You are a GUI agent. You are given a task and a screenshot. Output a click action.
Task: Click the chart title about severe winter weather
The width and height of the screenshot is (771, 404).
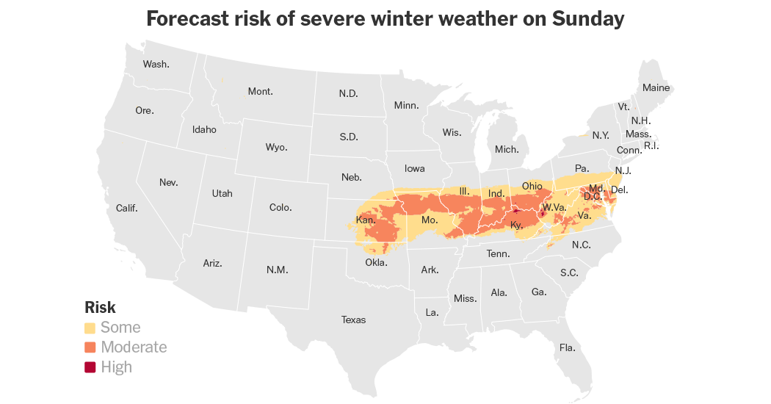(x=385, y=19)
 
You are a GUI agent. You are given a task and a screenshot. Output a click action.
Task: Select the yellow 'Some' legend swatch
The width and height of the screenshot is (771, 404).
(x=90, y=328)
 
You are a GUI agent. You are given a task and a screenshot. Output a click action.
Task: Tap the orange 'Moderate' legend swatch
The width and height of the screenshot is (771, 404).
(x=90, y=347)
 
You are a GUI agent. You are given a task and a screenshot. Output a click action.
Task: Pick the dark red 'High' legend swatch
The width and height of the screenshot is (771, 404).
(x=90, y=367)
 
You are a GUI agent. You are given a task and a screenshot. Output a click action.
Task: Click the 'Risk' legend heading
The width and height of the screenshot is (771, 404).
(x=100, y=308)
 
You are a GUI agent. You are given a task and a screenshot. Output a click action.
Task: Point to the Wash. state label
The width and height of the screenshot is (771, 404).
(x=156, y=64)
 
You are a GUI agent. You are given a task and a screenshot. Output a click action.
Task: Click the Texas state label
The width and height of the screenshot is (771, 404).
(x=353, y=320)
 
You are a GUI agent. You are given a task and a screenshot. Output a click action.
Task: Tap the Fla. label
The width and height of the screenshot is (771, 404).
(x=567, y=347)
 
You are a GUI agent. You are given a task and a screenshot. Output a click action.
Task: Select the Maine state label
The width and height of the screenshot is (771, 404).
(x=656, y=87)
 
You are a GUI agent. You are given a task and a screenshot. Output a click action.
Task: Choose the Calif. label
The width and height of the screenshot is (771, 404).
(x=127, y=208)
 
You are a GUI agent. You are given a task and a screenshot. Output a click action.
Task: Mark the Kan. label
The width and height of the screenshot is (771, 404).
(x=366, y=220)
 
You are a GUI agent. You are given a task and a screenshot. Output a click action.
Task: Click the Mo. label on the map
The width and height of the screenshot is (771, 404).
(x=430, y=220)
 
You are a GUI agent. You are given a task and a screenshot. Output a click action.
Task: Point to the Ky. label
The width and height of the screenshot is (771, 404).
(x=516, y=225)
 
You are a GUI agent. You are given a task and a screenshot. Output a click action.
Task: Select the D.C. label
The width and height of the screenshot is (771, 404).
(x=593, y=196)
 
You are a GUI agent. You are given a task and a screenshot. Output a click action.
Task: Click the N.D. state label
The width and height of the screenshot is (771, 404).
(x=348, y=93)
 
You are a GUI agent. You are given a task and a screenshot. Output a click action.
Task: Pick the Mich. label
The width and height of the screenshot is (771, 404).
(x=507, y=149)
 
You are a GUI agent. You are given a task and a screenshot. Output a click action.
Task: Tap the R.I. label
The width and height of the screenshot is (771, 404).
(x=651, y=145)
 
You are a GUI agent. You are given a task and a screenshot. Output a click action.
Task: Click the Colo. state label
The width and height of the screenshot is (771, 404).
(x=280, y=207)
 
